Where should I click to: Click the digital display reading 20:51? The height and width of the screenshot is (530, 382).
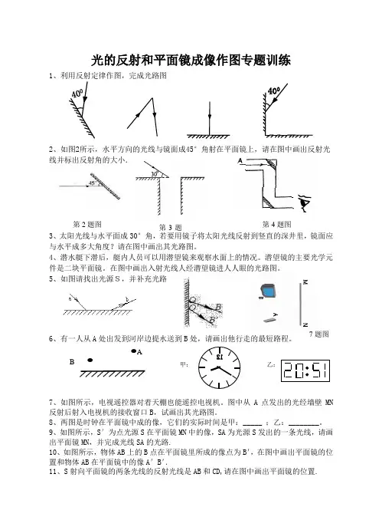tap(305, 370)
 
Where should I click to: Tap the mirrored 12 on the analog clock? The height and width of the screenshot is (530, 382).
tap(220, 357)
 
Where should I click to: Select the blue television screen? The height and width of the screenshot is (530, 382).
tap(268, 291)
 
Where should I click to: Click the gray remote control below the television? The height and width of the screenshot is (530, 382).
tap(269, 319)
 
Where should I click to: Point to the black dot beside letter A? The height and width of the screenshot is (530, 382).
tap(134, 351)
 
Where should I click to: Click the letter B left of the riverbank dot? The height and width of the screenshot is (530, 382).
tap(72, 362)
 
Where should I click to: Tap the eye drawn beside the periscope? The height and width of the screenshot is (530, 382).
tap(305, 202)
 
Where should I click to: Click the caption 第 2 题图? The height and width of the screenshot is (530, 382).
tap(87, 224)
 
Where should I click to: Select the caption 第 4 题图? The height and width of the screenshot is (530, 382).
tap(276, 224)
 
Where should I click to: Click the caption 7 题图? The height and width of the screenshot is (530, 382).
tap(319, 334)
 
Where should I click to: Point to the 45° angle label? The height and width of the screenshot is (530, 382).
tap(91, 183)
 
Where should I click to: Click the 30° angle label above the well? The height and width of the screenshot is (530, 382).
tap(155, 174)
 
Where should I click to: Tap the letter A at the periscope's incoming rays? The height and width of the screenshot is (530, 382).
tap(240, 160)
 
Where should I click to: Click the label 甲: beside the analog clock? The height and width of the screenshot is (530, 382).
tap(184, 365)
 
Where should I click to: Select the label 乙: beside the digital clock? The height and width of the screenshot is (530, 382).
tap(271, 365)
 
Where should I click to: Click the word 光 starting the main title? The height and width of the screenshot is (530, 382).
tap(97, 61)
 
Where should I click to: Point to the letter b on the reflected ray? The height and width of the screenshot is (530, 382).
tap(127, 299)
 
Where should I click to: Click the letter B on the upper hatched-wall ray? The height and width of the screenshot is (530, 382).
tap(218, 307)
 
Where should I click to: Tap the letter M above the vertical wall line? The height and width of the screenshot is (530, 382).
tap(305, 282)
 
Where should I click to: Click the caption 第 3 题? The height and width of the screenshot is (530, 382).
tap(171, 227)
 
